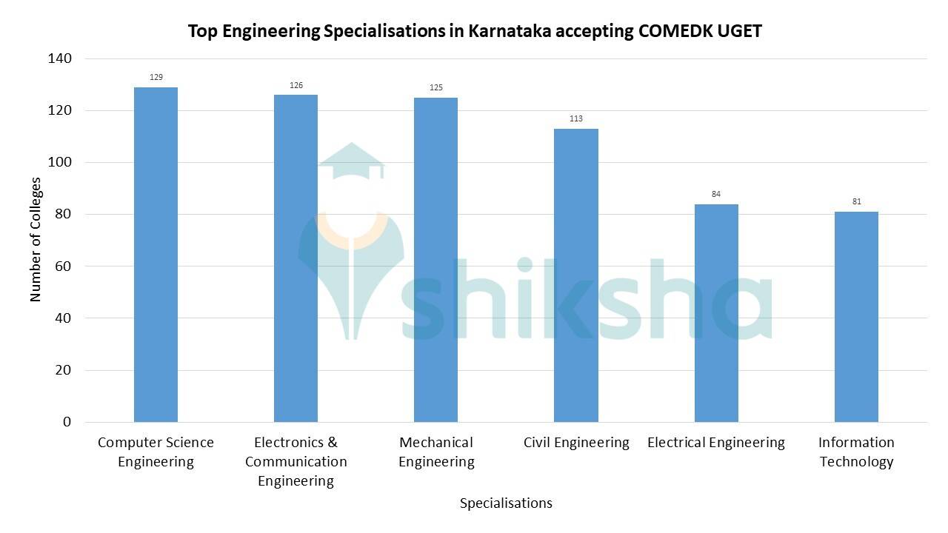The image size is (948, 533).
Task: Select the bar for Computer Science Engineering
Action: (x=156, y=255)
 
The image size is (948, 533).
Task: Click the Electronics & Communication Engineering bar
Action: (x=296, y=258)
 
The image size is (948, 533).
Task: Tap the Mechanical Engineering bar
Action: (x=435, y=260)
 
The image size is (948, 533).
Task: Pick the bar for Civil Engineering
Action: (x=575, y=275)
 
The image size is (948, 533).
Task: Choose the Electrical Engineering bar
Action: (x=716, y=313)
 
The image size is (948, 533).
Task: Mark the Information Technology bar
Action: (x=856, y=317)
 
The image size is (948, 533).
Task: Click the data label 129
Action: (x=156, y=77)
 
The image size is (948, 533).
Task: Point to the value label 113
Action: (x=575, y=118)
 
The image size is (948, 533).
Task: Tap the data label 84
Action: (x=716, y=194)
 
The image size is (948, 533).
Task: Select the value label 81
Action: (x=856, y=201)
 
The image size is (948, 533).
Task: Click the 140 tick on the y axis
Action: (x=61, y=58)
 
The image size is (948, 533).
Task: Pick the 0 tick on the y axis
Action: (x=67, y=422)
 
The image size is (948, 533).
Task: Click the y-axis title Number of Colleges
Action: (x=36, y=239)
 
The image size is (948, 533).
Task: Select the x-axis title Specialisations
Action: (x=506, y=503)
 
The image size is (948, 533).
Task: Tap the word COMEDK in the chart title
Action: (x=675, y=31)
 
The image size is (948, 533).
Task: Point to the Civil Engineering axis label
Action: (x=576, y=443)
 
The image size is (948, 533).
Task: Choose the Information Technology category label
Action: (x=856, y=452)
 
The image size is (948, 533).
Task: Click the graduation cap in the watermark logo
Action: (x=352, y=161)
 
